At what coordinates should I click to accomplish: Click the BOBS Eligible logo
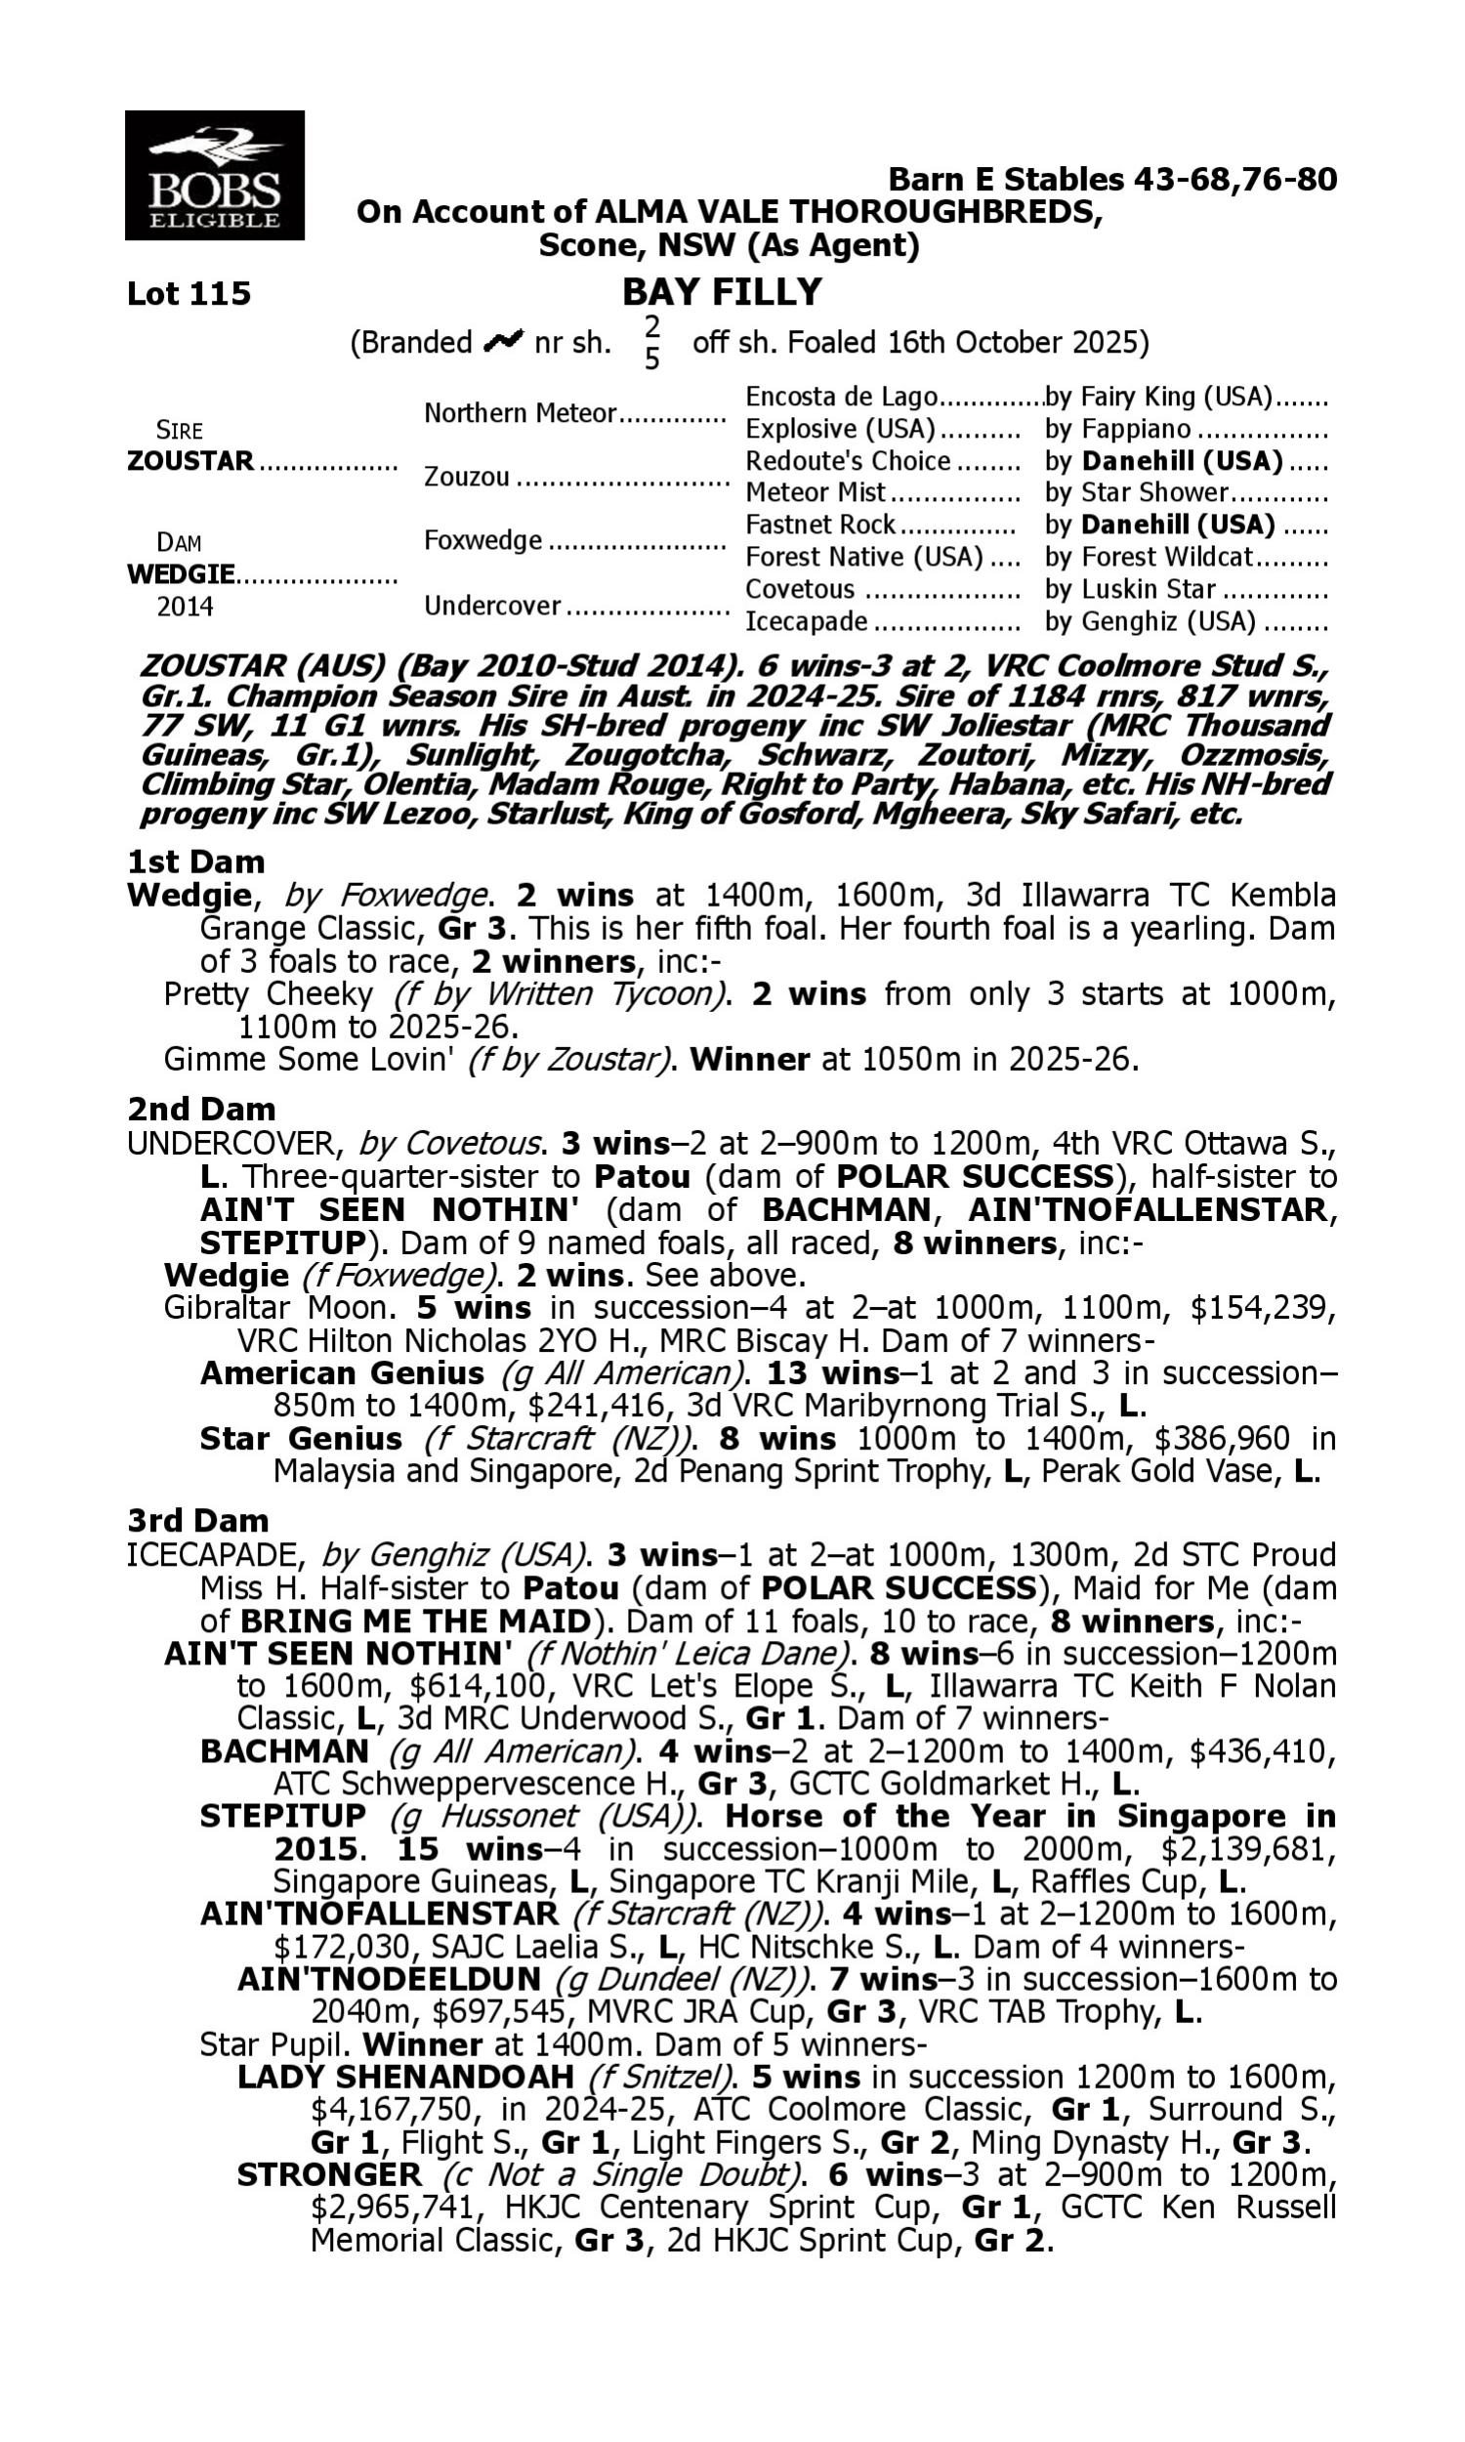click(214, 175)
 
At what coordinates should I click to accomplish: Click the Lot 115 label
click(188, 294)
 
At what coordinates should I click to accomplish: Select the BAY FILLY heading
click(722, 292)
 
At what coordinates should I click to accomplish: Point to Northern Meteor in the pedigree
click(520, 412)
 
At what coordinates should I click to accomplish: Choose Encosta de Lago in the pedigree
click(840, 397)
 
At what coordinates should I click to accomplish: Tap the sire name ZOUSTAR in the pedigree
click(190, 461)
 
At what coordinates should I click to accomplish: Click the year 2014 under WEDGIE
click(185, 606)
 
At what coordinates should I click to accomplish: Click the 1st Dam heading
click(195, 862)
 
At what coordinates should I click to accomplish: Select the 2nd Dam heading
click(200, 1110)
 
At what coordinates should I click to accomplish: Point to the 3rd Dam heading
click(197, 1520)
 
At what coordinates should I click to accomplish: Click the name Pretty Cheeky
click(269, 994)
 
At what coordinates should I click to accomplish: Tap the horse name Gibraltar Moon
click(274, 1308)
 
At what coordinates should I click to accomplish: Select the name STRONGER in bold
click(329, 2174)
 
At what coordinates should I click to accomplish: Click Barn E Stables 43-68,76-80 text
click(1111, 179)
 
